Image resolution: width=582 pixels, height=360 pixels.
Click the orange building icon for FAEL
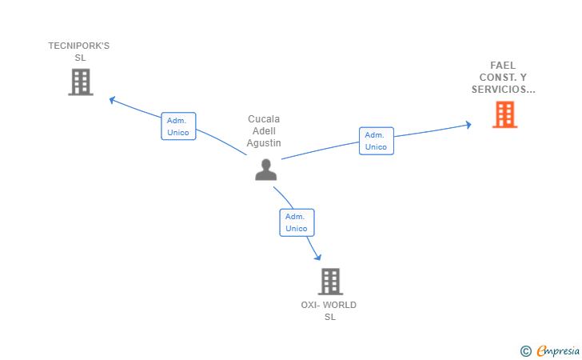coord(504,114)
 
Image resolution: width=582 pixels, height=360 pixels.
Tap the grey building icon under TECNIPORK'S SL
coord(81,82)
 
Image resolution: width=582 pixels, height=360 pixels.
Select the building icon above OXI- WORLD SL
coord(330,282)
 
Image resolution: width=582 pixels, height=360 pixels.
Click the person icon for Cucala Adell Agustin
coord(265,170)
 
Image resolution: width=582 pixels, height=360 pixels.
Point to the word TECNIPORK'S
coord(79,46)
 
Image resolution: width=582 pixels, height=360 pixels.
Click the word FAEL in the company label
coord(503,66)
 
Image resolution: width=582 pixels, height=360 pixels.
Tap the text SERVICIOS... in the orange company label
coord(504,89)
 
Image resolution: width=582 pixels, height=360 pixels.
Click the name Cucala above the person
coord(264,119)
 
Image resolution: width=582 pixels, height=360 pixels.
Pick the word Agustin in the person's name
coord(264,143)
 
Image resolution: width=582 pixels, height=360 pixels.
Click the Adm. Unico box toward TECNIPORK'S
coord(178,126)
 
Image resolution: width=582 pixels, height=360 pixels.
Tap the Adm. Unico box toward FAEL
coord(377,141)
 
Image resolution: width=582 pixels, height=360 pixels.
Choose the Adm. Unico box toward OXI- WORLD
coord(297,222)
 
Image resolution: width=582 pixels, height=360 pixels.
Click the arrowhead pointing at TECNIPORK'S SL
coord(112,100)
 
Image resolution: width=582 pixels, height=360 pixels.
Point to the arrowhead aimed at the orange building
coord(468,125)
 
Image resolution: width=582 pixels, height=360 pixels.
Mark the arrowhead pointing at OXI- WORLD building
coord(317,257)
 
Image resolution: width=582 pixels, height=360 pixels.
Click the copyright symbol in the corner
coord(526,351)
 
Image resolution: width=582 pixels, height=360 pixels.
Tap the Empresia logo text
coord(558,350)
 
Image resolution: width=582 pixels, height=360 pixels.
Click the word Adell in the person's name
coord(264,130)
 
